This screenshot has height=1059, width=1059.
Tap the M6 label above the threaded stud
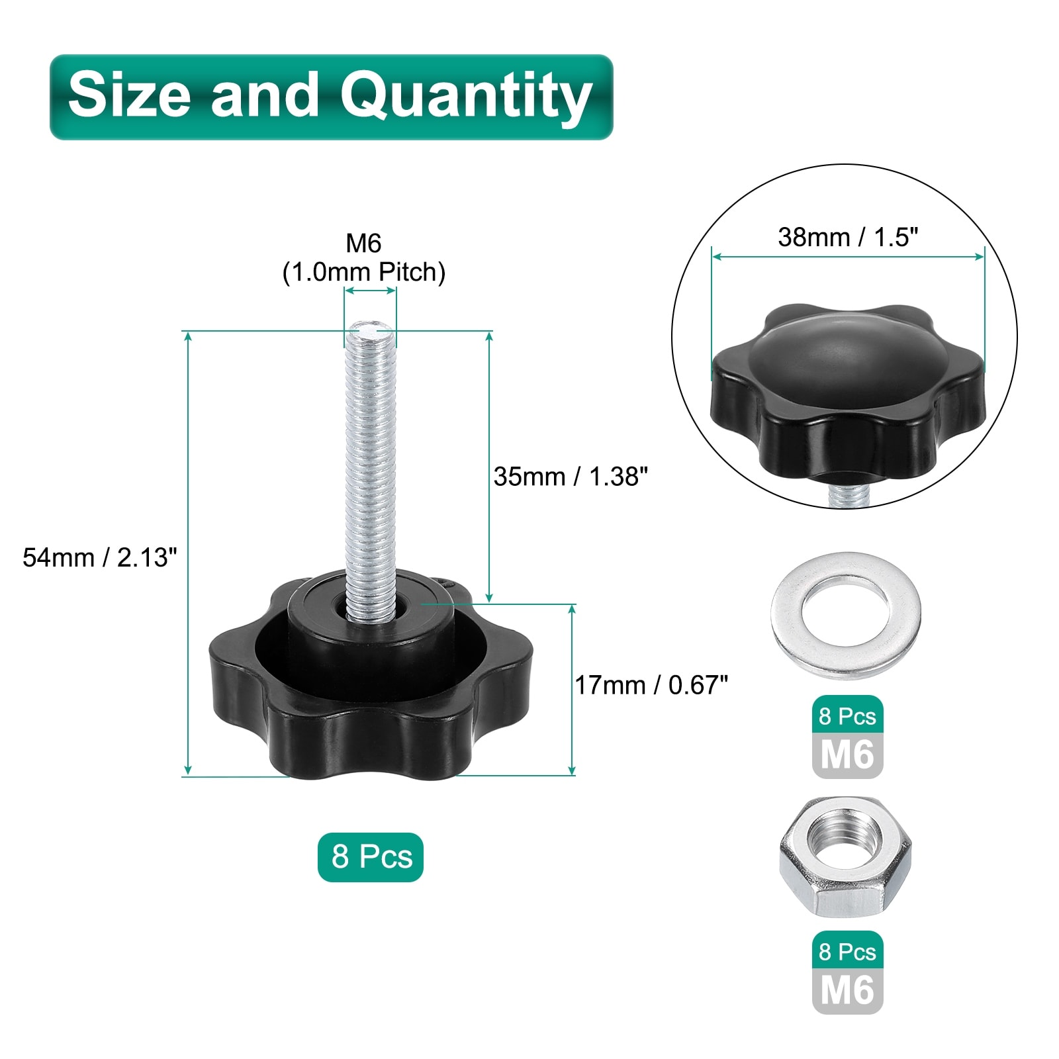click(363, 244)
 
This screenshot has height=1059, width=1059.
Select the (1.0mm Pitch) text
click(364, 272)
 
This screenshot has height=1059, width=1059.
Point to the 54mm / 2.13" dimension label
click(100, 557)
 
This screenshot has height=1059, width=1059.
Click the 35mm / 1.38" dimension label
click(571, 477)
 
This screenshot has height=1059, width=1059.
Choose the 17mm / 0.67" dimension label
click(651, 685)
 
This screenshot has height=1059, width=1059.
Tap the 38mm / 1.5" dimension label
click(848, 237)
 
